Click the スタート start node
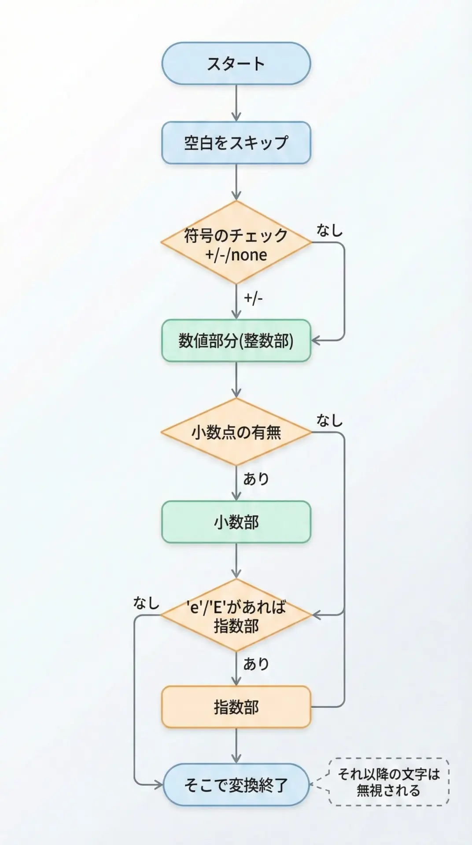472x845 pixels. (236, 63)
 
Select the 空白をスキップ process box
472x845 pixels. (236, 143)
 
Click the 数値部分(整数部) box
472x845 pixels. (236, 341)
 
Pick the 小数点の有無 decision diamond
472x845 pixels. (236, 432)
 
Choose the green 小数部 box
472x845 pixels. (236, 522)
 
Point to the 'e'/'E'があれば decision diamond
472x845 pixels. (236, 615)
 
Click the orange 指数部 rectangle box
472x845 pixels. (236, 707)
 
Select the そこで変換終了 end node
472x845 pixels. (236, 785)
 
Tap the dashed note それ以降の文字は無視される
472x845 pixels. (389, 782)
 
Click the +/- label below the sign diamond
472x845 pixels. (253, 298)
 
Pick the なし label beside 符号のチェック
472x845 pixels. (329, 230)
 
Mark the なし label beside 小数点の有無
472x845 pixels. (329, 421)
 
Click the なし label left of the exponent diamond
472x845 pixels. (146, 603)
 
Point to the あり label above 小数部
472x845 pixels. (256, 479)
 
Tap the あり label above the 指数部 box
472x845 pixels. (256, 664)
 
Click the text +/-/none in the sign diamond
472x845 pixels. (236, 255)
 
